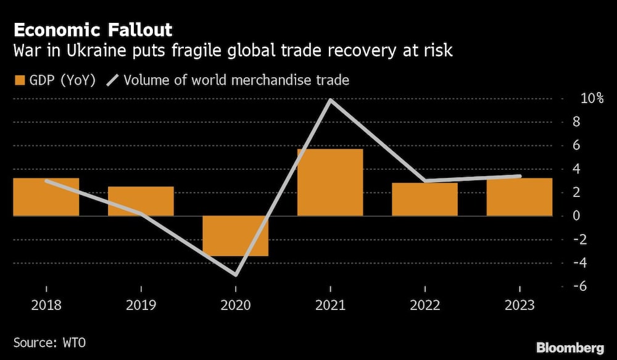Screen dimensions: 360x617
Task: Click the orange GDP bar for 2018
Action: click(46, 197)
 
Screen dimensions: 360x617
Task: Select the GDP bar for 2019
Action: click(141, 201)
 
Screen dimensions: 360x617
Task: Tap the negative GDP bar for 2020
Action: click(236, 236)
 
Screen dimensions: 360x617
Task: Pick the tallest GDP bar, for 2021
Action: click(330, 182)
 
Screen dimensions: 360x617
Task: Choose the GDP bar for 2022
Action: click(424, 199)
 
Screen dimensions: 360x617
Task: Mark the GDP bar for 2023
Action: click(519, 197)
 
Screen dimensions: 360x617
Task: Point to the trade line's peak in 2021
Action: click(331, 99)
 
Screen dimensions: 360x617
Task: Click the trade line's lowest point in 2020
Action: click(236, 275)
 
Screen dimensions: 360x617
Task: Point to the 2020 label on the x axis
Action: click(236, 306)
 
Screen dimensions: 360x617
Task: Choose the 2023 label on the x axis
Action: click(519, 306)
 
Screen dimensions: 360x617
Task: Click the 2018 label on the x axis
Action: click(46, 306)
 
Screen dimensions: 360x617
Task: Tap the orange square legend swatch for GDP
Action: click(19, 80)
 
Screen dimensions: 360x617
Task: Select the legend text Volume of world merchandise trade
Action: click(237, 80)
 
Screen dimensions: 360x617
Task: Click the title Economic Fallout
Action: click(93, 30)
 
